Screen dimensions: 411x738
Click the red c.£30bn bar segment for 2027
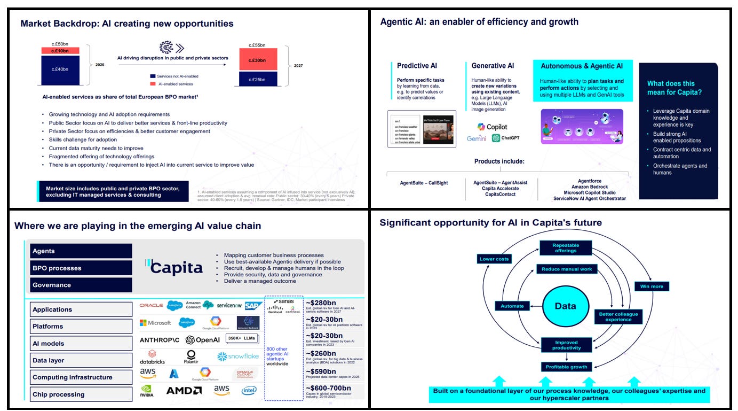coord(258,60)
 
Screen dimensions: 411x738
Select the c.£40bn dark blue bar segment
coord(60,69)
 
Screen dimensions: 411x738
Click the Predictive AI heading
coord(417,66)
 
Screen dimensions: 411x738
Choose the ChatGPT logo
coord(505,138)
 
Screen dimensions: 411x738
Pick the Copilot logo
coord(492,127)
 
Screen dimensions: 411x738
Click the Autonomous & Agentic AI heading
coord(582,66)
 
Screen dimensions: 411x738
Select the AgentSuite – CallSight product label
coord(424,183)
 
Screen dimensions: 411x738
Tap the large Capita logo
coord(174,267)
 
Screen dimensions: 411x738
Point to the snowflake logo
coord(238,356)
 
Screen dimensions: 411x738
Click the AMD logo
coord(184,391)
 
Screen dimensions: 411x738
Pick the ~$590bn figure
coord(321,371)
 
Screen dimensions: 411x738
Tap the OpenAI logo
coord(203,340)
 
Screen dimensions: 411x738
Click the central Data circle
coord(565,306)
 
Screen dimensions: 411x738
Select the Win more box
coord(652,286)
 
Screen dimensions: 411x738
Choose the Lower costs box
coord(495,259)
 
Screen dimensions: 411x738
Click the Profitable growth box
coord(566,367)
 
